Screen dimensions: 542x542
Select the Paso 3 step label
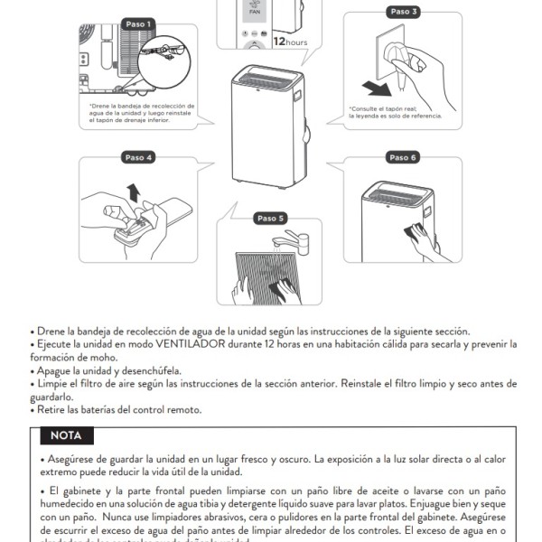click(402, 12)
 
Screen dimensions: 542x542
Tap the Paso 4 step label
click(137, 157)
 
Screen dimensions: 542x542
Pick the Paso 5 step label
click(270, 218)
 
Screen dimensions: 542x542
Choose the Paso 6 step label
click(402, 157)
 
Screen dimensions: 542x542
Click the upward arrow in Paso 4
click(134, 192)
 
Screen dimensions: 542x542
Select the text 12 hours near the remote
click(291, 42)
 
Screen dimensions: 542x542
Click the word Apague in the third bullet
click(54, 370)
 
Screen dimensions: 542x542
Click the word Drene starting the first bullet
click(51, 332)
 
